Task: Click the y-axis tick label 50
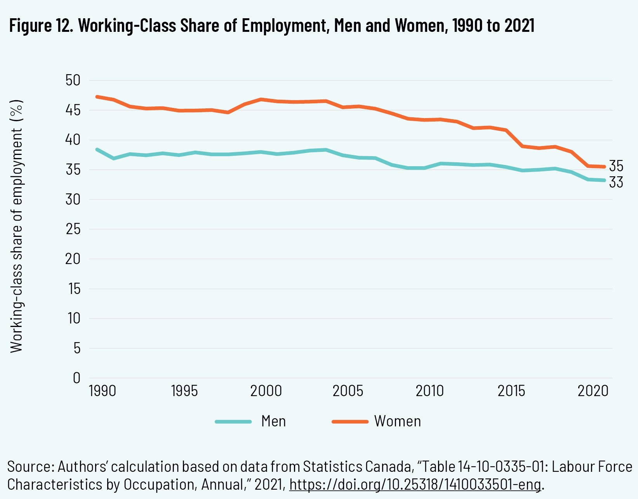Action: [73, 80]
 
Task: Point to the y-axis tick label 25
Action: [73, 229]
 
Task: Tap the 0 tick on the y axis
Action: [76, 378]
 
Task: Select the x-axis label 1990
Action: [103, 391]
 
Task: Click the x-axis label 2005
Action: [348, 391]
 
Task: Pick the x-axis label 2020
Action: [593, 391]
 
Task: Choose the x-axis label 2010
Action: [429, 391]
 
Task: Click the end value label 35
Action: [616, 166]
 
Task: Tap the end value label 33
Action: [616, 182]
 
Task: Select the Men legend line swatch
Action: [233, 421]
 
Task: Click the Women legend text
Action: [397, 421]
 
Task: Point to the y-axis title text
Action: [17, 226]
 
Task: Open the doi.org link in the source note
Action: [415, 485]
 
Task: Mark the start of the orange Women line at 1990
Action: [97, 97]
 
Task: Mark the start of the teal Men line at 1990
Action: [97, 149]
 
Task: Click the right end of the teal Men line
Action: [604, 180]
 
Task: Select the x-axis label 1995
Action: [184, 391]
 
